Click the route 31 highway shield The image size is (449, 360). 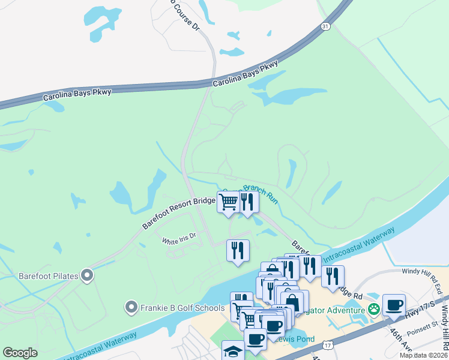tap(325, 26)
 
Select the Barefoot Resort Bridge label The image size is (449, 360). tap(179, 212)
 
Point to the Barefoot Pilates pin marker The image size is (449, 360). tap(88, 276)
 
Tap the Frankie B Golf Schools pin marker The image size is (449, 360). tap(131, 308)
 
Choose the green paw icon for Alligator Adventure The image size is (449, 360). tap(374, 310)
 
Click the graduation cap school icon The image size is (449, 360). tap(233, 350)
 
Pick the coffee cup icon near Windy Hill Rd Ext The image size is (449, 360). tap(394, 304)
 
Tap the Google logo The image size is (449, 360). tap(20, 353)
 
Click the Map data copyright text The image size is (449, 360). tap(424, 355)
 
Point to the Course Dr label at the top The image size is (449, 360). tap(185, 14)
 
